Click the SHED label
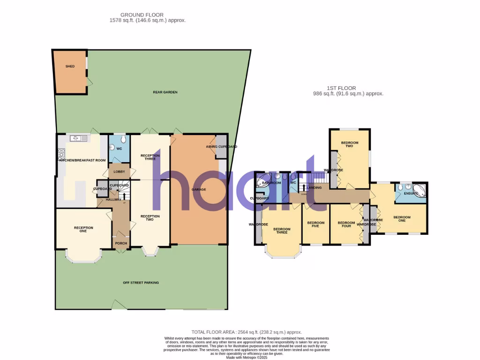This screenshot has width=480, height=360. click(70, 67)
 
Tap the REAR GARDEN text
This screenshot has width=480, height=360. click(165, 92)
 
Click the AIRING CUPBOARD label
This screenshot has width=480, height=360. click(221, 147)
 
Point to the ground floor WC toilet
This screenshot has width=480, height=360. click(122, 139)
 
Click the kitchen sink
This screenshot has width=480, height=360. click(78, 138)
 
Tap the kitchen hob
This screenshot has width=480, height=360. click(60, 153)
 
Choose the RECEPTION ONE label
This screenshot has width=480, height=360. click(83, 229)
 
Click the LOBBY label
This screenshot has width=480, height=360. click(119, 172)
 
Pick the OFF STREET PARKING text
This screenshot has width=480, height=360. click(141, 283)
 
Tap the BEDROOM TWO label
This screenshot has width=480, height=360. click(349, 144)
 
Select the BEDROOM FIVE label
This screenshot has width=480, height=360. click(315, 225)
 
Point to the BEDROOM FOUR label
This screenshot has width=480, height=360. click(346, 225)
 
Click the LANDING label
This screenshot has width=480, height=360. click(314, 187)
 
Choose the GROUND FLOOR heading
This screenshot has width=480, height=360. click(142, 15)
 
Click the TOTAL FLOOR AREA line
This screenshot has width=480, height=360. click(247, 332)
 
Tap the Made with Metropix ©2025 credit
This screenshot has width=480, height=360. click(247, 357)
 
